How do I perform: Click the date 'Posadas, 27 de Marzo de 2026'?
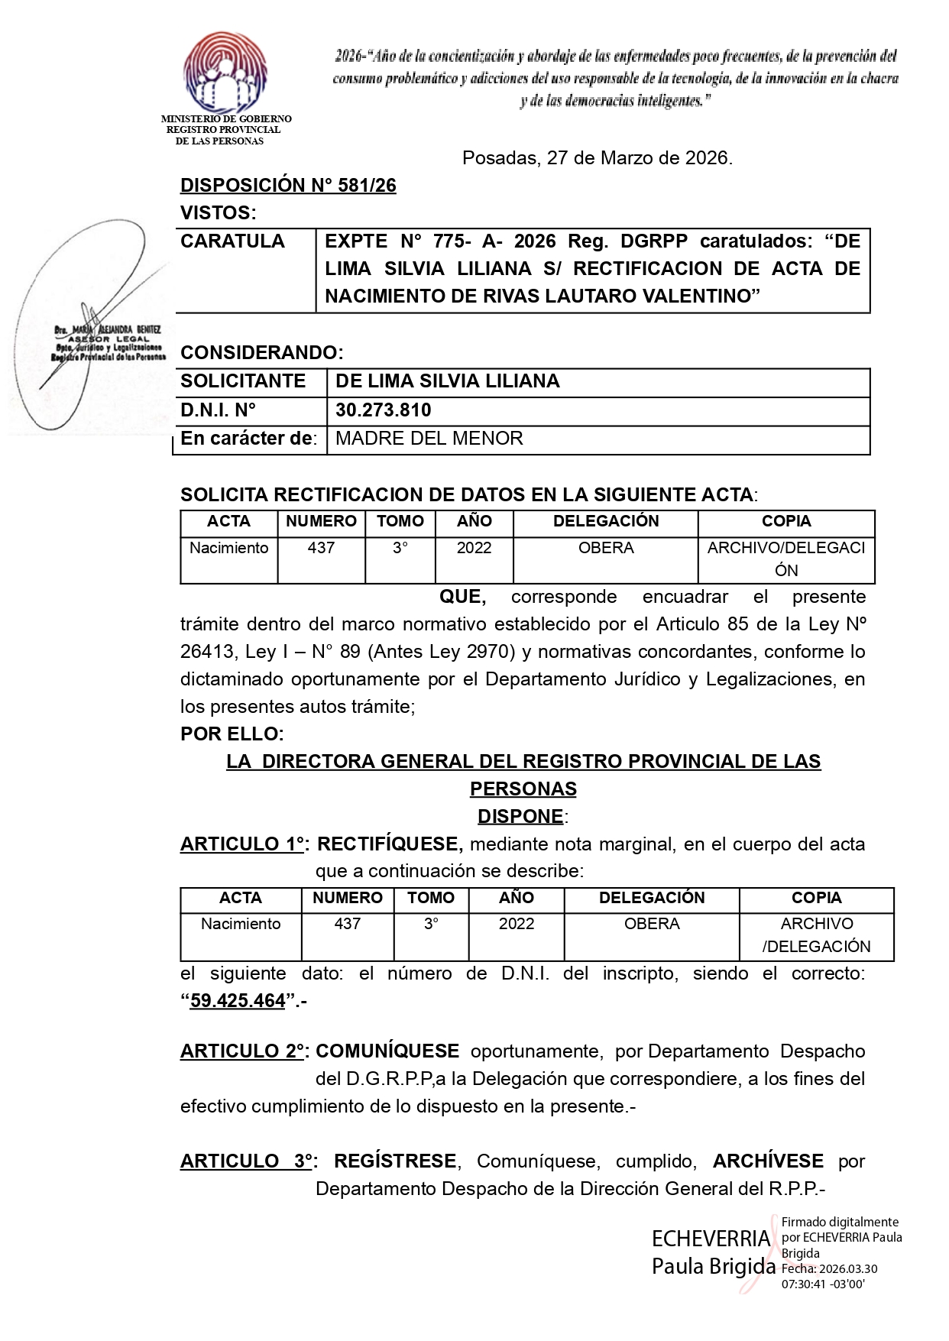pyautogui.click(x=597, y=158)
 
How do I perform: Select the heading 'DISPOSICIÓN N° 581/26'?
pyautogui.click(x=288, y=186)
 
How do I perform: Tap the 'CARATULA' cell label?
pyautogui.click(x=232, y=241)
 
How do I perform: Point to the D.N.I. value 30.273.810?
pyautogui.click(x=384, y=410)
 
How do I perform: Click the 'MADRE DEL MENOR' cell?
pyautogui.click(x=429, y=439)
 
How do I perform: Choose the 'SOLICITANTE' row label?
pyautogui.click(x=243, y=381)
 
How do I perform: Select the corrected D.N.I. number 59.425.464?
pyautogui.click(x=238, y=1001)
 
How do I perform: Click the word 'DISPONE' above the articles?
pyautogui.click(x=520, y=817)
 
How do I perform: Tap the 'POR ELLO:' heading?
pyautogui.click(x=232, y=734)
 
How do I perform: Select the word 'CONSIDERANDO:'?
pyautogui.click(x=262, y=353)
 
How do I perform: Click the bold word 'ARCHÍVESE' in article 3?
pyautogui.click(x=768, y=1161)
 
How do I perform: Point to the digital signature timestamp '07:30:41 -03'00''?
pyautogui.click(x=823, y=1284)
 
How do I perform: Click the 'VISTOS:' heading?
pyautogui.click(x=218, y=213)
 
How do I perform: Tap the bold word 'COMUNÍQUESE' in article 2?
pyautogui.click(x=387, y=1051)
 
